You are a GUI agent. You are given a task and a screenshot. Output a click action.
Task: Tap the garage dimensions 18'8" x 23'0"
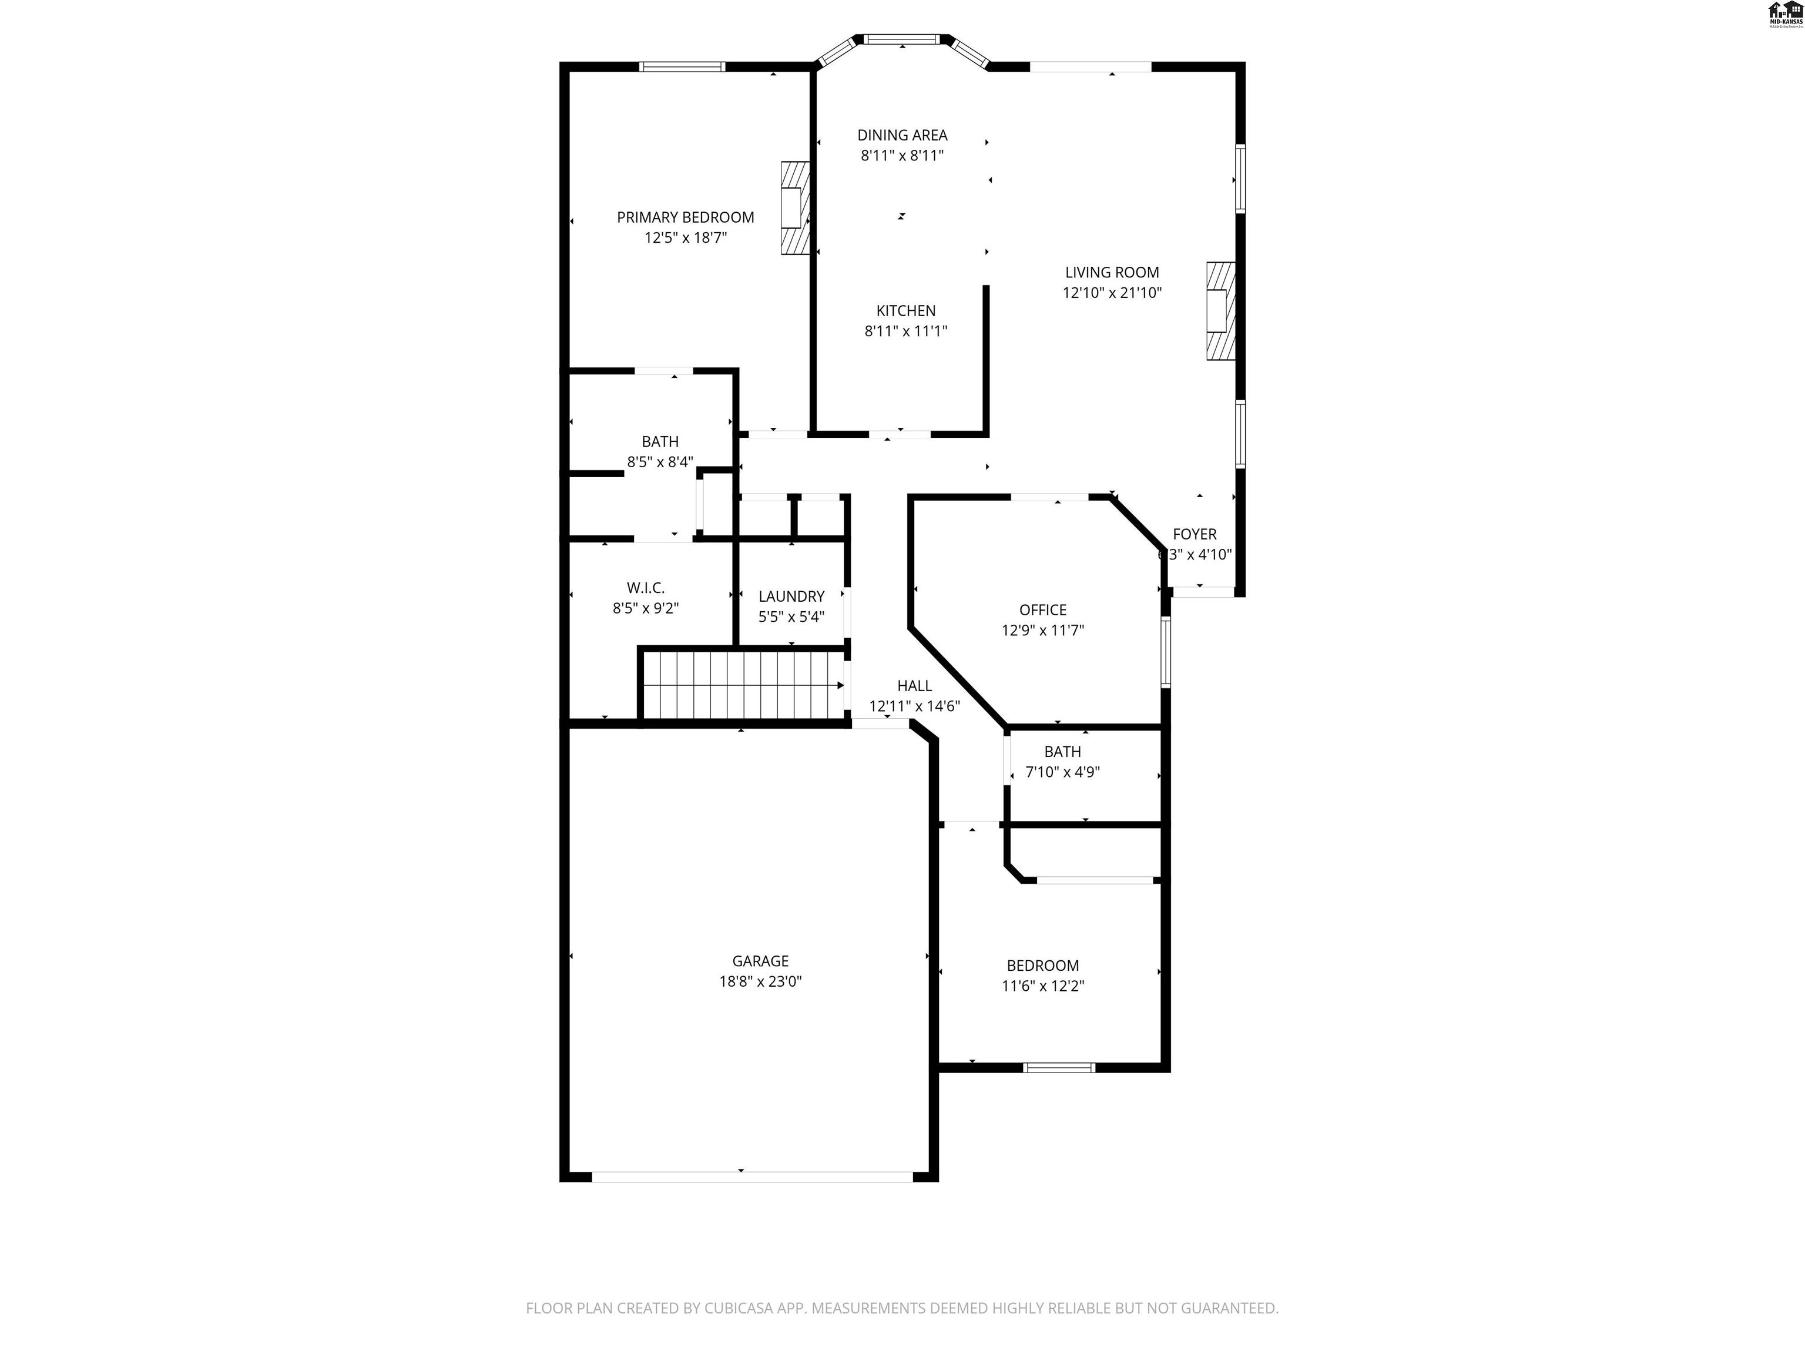760,981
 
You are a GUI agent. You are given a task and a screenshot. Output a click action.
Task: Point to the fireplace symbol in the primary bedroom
795,208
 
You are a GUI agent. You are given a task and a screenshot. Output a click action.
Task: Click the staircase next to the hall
742,685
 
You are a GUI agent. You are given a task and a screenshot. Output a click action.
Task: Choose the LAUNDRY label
791,596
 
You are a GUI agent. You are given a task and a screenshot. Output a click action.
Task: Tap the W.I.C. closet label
646,588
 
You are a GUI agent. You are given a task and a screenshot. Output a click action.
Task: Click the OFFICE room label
1042,609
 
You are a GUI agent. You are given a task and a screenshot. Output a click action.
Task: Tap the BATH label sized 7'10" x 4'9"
1062,752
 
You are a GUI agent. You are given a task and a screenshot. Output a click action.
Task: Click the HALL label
914,686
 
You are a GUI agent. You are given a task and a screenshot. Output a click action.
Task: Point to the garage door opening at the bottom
751,1176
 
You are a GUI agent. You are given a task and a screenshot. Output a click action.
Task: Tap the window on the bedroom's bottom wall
1058,1067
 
